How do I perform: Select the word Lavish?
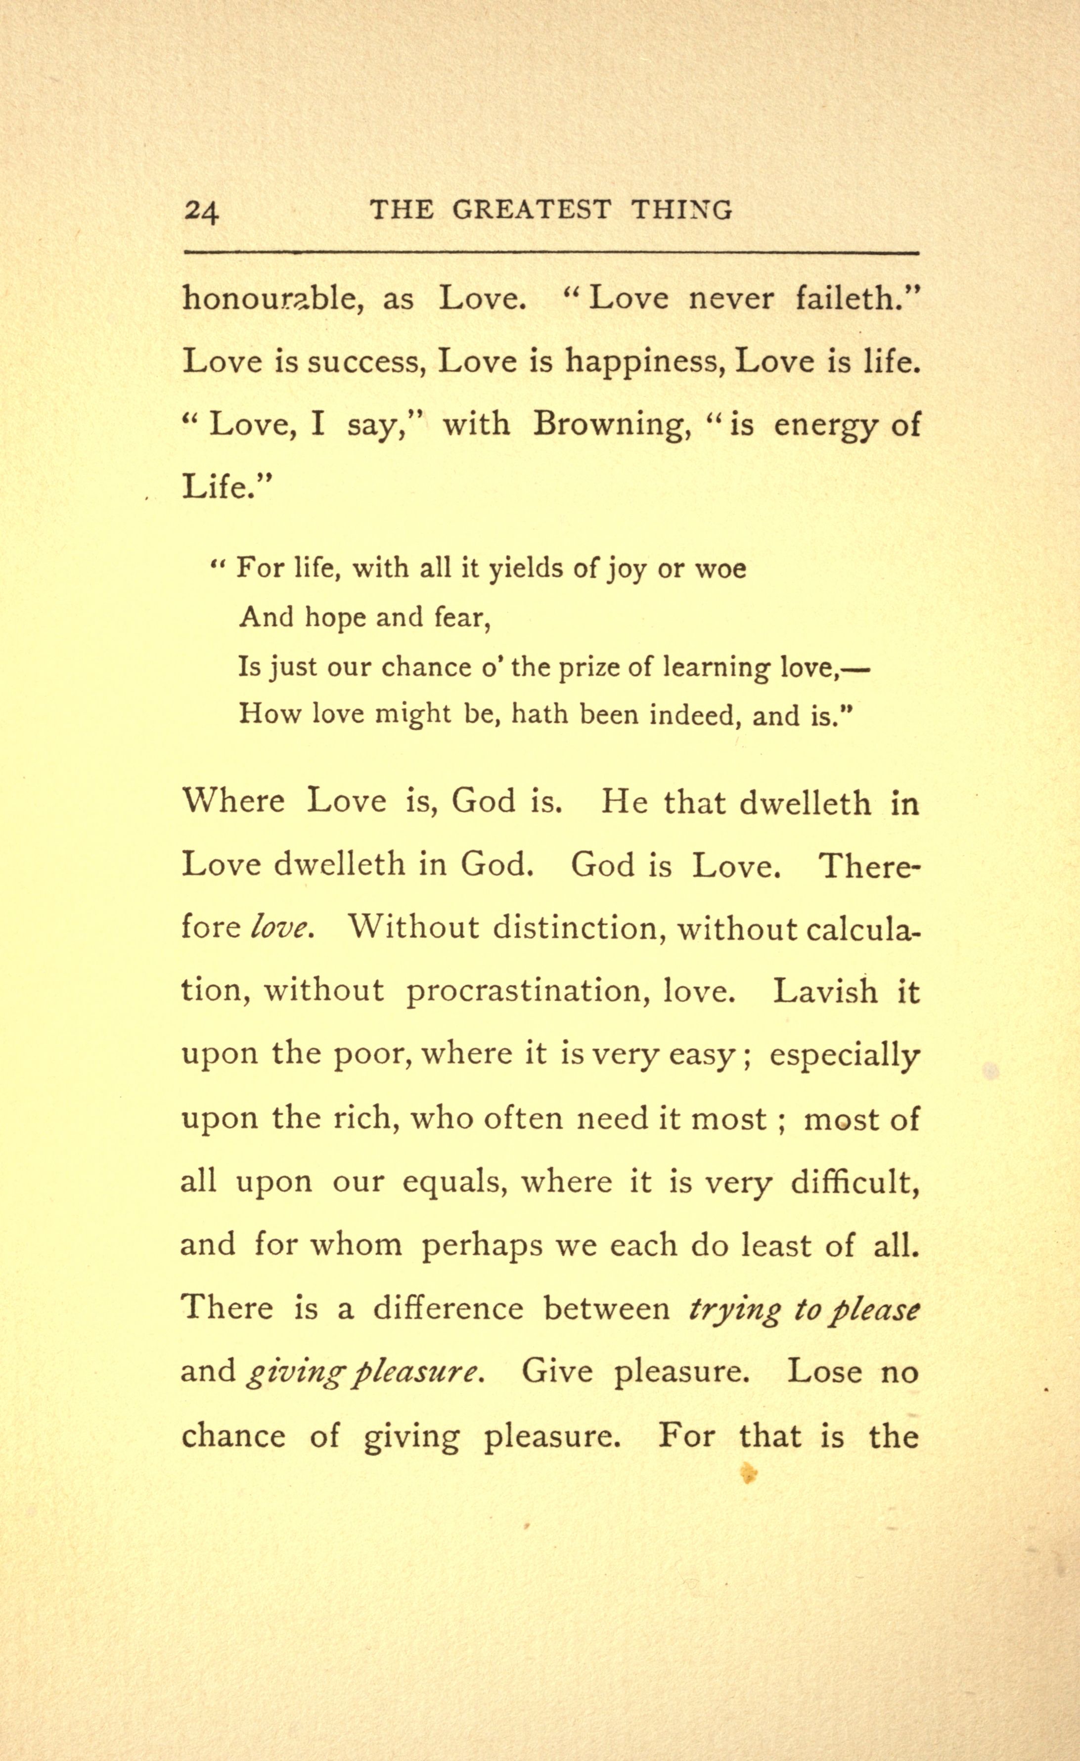(825, 991)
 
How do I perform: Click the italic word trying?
(733, 1309)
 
